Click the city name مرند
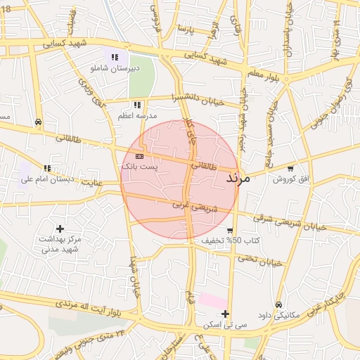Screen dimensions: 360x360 tap(238, 179)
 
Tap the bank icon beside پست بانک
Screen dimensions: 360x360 tap(139, 156)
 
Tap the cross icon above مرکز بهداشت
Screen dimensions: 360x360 tap(60, 229)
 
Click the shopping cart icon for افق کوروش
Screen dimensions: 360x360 tap(290, 169)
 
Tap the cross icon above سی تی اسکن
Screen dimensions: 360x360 tap(224, 314)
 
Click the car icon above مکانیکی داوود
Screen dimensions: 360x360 tap(279, 305)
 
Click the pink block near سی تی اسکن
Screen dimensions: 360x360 tap(212, 301)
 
